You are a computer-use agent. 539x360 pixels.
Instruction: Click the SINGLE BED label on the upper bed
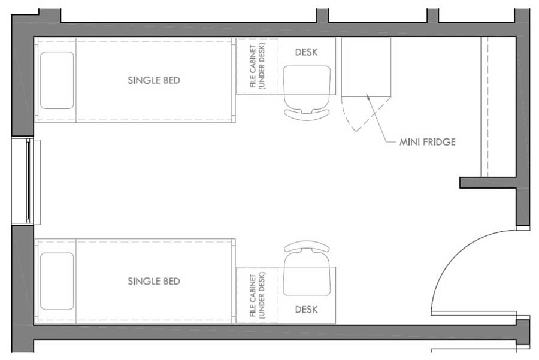coord(154,80)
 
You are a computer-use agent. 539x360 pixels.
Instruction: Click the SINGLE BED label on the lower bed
coord(154,282)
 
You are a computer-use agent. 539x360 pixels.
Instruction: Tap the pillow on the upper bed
coord(57,80)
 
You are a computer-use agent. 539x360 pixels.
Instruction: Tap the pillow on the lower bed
coord(57,282)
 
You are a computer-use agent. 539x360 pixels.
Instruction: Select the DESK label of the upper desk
coord(306,52)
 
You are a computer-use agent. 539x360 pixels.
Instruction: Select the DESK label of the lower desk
coord(306,310)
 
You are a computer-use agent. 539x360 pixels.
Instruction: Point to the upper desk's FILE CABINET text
coord(257,66)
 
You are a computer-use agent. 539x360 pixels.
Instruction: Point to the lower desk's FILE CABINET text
coord(257,295)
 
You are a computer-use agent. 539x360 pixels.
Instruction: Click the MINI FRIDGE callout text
coord(427,142)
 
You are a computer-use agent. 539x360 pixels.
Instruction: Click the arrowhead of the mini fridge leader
coord(368,96)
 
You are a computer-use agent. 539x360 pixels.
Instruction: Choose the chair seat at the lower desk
coord(307,273)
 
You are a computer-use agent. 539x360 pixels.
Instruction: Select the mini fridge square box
coord(366,67)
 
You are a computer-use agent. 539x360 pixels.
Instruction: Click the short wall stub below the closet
coord(488,183)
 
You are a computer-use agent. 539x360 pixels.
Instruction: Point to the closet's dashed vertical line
coord(487,107)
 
